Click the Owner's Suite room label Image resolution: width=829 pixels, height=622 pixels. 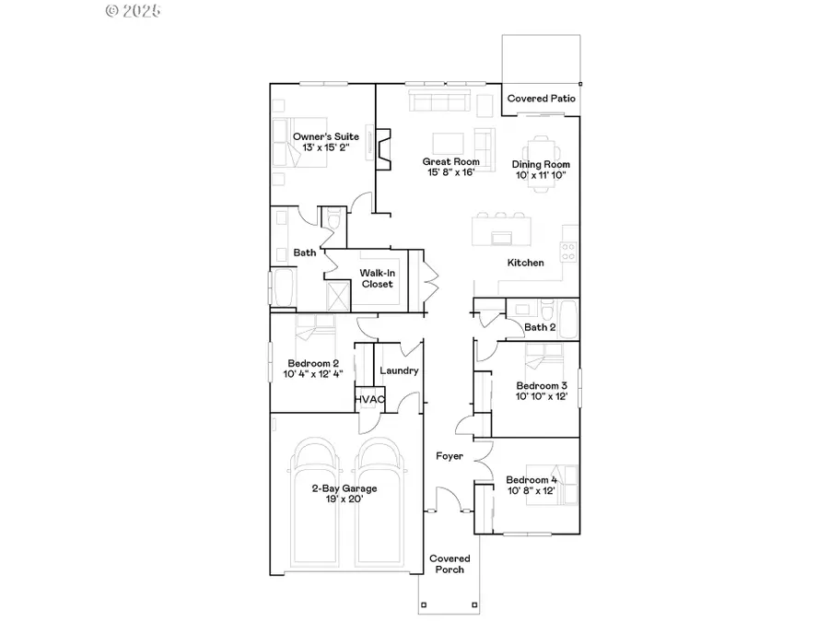(x=313, y=136)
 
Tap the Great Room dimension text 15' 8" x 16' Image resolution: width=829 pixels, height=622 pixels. (x=451, y=172)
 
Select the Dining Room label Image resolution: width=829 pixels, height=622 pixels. (x=541, y=165)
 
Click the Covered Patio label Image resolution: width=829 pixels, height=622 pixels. (x=542, y=99)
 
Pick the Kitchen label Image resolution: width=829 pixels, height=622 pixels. (x=525, y=263)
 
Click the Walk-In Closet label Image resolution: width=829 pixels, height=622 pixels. (x=377, y=278)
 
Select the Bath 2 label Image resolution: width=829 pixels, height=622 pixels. (x=539, y=326)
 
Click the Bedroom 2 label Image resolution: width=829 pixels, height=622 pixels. (x=313, y=362)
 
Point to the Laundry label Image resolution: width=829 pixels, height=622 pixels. (x=399, y=370)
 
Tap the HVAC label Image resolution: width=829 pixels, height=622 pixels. (x=369, y=398)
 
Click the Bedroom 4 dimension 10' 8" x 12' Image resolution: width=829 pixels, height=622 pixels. (x=531, y=491)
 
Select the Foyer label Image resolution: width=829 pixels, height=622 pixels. (x=449, y=456)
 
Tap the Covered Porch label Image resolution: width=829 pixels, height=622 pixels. (x=450, y=564)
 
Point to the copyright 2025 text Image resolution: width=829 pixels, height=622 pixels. (x=134, y=11)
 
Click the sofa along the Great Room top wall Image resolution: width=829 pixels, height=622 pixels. (x=440, y=101)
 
